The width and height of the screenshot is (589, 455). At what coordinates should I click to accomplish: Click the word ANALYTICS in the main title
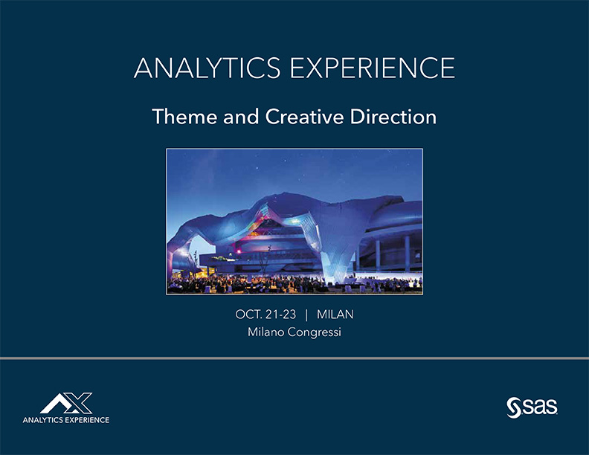point(207,68)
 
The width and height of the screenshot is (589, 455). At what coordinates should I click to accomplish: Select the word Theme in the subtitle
point(184,117)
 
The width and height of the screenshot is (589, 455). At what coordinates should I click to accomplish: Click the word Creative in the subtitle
point(304,117)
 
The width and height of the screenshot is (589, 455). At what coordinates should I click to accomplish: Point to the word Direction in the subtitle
point(393,117)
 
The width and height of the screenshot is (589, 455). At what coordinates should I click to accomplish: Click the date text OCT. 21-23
point(265,314)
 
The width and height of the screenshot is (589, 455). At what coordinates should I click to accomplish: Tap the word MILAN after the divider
point(335,314)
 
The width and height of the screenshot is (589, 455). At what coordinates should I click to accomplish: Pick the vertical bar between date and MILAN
point(306,314)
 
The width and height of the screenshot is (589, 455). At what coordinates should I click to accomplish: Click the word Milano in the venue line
point(265,332)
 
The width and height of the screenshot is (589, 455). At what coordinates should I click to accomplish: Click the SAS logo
point(532,407)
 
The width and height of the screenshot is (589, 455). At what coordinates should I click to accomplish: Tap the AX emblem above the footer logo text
point(66,403)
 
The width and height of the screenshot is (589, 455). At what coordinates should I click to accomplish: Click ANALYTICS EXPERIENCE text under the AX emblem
point(66,420)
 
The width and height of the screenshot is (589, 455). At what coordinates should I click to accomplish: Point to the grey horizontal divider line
point(294,358)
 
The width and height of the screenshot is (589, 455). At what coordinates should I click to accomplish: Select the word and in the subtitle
point(241,117)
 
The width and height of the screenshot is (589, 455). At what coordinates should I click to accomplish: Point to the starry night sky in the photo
point(294,169)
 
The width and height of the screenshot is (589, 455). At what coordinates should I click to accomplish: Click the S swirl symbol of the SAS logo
point(513,407)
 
